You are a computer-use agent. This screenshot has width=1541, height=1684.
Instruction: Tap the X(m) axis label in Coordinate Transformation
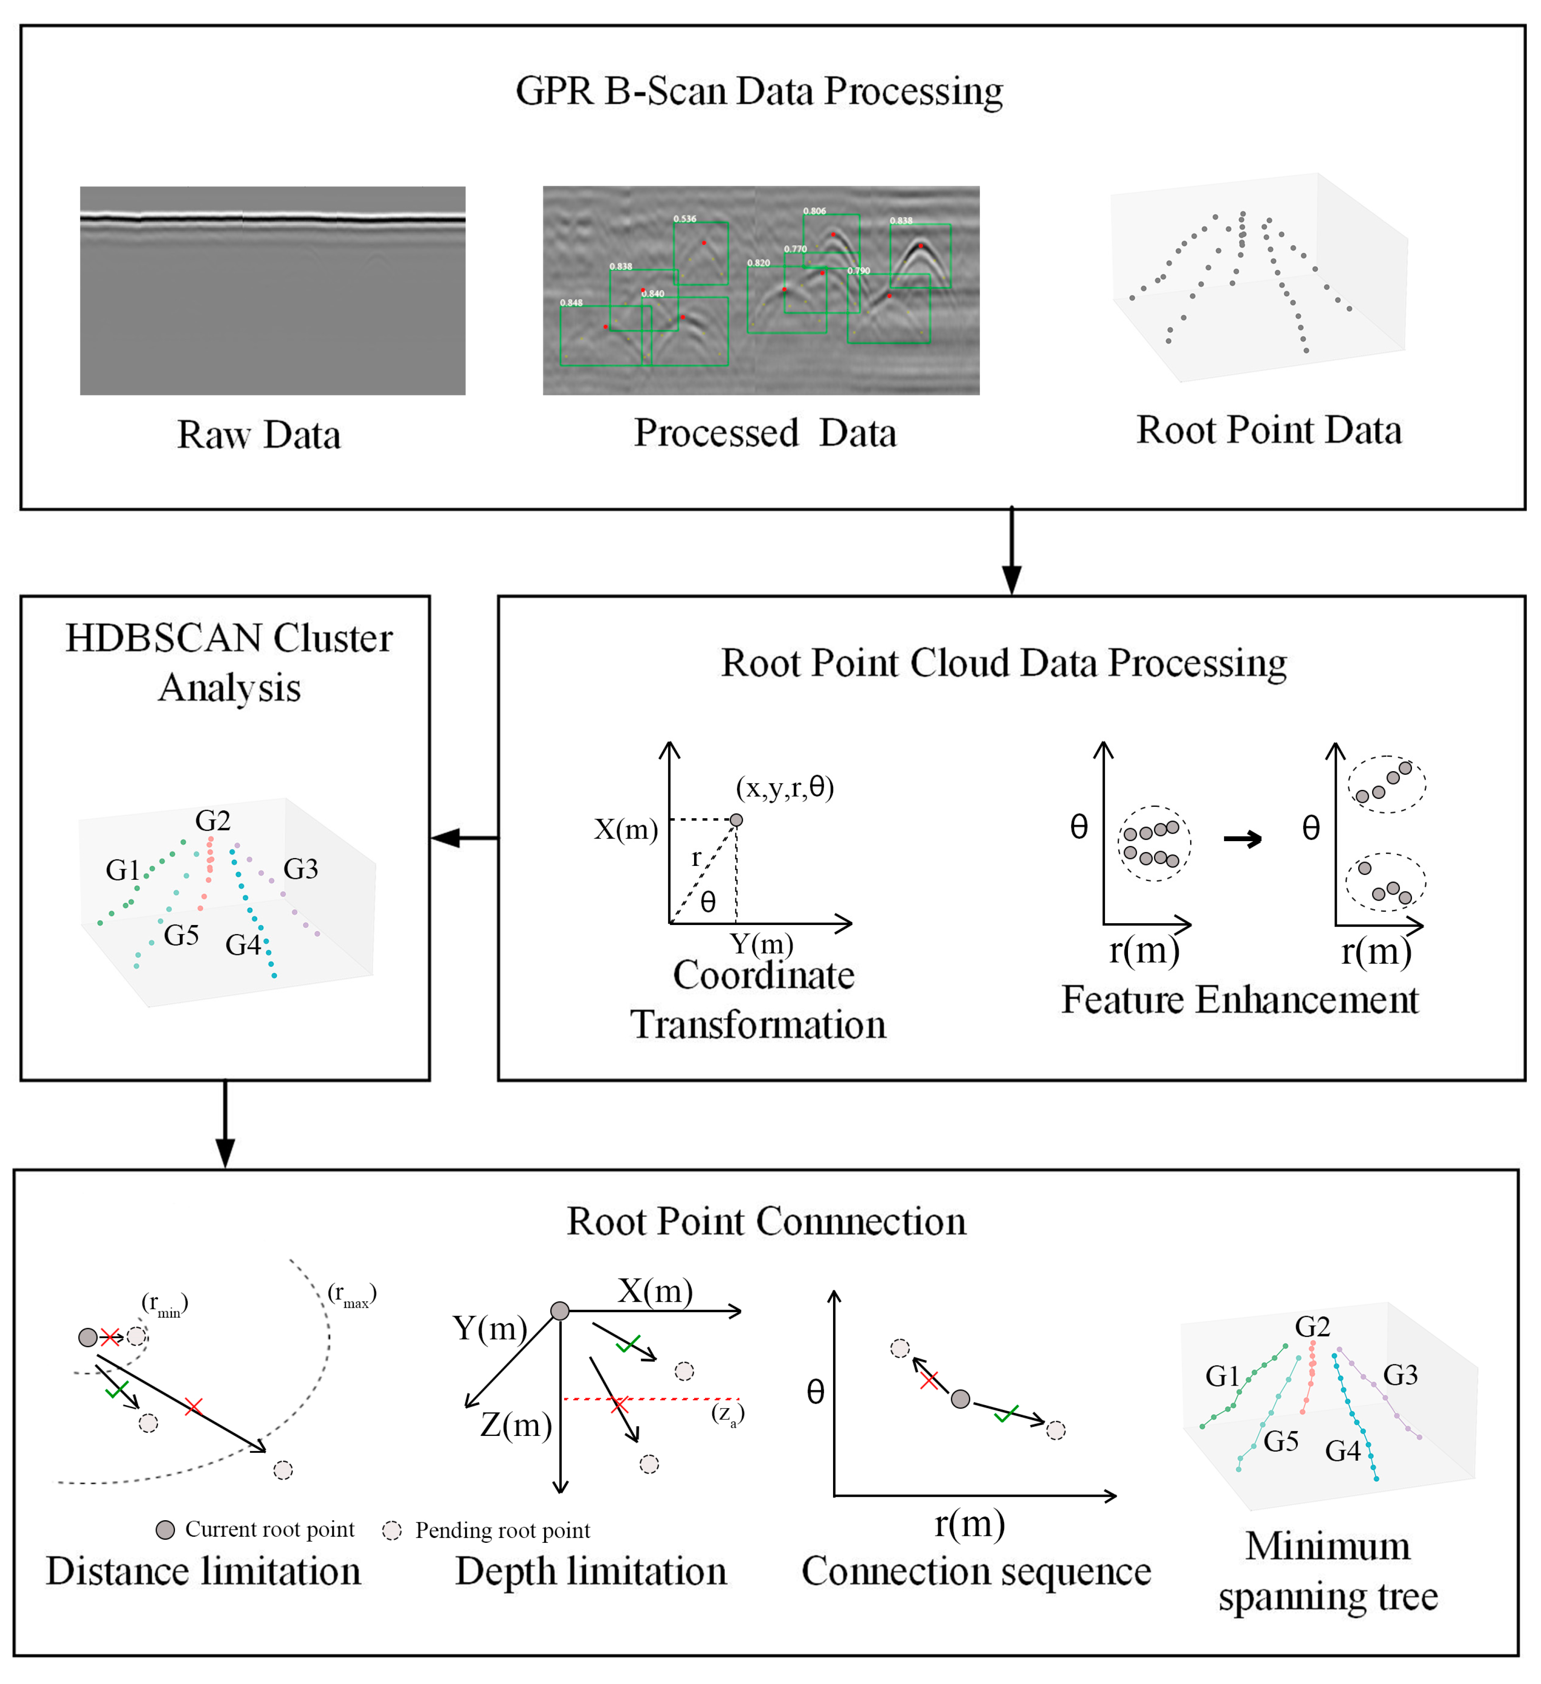tap(625, 829)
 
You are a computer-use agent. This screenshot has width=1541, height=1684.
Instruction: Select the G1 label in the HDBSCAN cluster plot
tap(123, 870)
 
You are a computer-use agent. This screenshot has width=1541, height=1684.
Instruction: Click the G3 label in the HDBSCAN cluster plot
tap(301, 869)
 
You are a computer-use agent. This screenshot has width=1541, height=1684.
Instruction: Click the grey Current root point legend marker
tap(165, 1529)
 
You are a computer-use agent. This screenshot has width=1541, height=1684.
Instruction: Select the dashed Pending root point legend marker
tap(392, 1530)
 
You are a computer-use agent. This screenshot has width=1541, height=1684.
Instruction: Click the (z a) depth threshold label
tap(728, 1413)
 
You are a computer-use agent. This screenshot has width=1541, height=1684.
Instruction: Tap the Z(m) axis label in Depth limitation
tap(516, 1424)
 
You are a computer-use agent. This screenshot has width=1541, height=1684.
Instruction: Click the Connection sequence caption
tap(976, 1571)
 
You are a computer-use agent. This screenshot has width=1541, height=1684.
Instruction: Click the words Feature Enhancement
tap(1240, 1000)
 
